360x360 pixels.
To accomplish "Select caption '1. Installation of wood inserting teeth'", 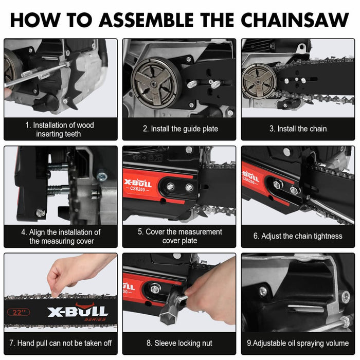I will point(60,129).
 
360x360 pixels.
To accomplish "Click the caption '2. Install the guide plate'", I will point(180,129).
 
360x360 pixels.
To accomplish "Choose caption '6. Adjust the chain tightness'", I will point(298,236).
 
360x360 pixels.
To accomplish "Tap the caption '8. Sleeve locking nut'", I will point(179,343).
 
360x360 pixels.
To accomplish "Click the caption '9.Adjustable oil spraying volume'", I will point(298,343).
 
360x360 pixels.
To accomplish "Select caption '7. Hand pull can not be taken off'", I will point(60,343).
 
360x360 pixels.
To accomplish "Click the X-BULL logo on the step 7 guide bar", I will point(77,312).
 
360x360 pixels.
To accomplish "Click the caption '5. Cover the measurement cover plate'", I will point(179,236).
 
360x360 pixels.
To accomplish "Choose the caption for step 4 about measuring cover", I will point(60,236).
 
